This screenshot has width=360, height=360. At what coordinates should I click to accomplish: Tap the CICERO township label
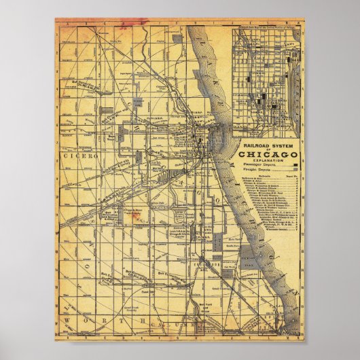[x=80, y=156]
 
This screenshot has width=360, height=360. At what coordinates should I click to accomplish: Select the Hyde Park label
[x=234, y=240]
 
